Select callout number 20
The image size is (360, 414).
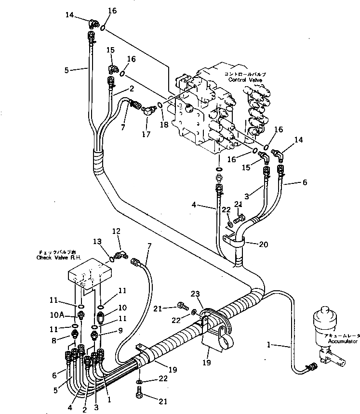263,244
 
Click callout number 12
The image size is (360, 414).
116,232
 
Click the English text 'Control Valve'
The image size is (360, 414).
244,80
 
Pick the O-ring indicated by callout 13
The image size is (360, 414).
112,259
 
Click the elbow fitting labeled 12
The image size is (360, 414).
122,254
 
